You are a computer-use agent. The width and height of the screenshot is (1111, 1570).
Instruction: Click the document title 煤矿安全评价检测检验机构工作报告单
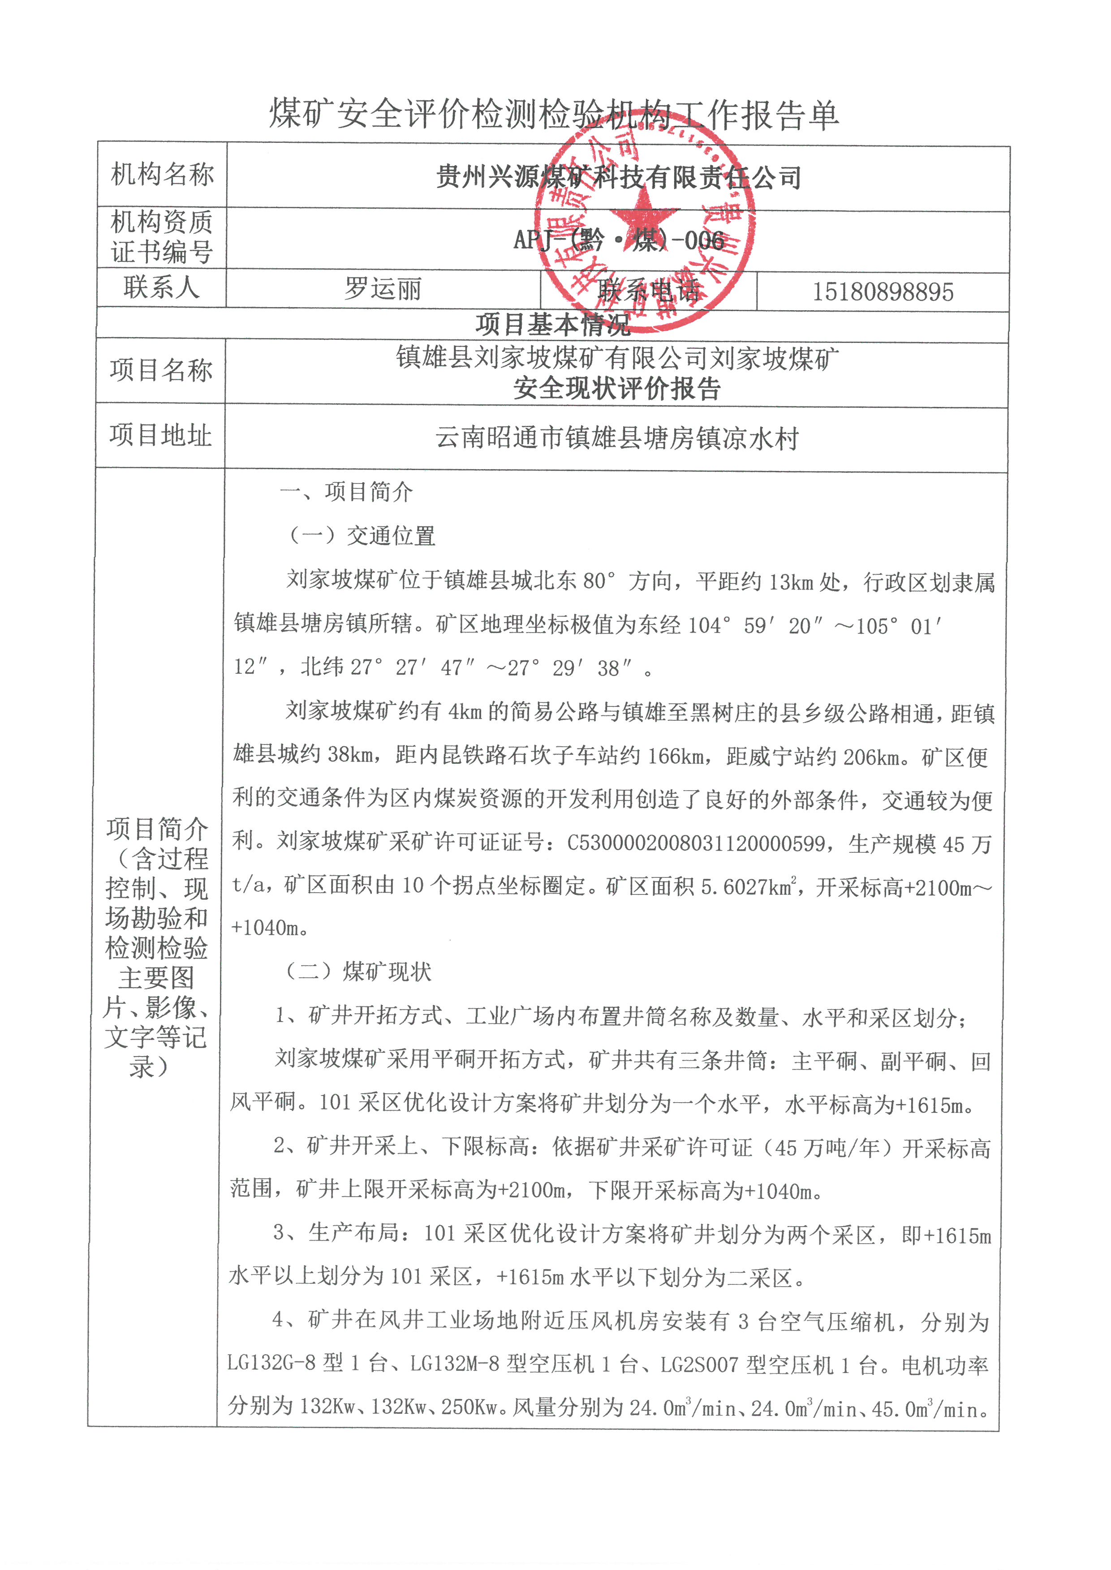pyautogui.click(x=554, y=114)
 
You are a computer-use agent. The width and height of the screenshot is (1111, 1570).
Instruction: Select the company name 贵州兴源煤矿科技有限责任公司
pyautogui.click(x=618, y=178)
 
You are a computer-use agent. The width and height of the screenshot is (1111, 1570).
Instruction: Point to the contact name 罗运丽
pyautogui.click(x=383, y=289)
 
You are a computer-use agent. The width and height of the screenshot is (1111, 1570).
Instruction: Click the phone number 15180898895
pyautogui.click(x=883, y=292)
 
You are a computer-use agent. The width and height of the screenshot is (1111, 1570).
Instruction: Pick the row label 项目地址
pyautogui.click(x=161, y=435)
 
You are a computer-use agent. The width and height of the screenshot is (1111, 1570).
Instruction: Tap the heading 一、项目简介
pyautogui.click(x=346, y=492)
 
